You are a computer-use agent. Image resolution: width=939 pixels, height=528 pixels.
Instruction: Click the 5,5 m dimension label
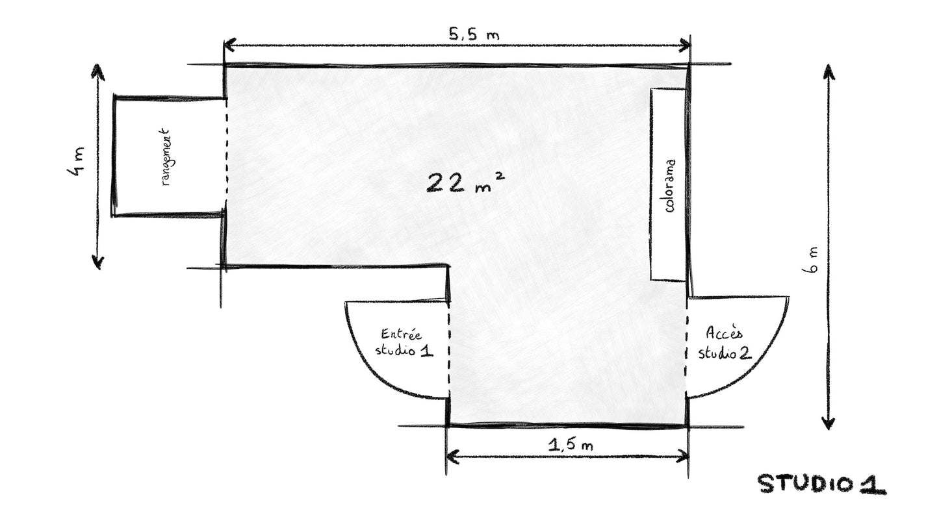point(474,34)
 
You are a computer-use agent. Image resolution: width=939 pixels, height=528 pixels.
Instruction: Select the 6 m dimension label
point(810,260)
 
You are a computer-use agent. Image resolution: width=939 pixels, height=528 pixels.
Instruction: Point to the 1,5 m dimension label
point(571,444)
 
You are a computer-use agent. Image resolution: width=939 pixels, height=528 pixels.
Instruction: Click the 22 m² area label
point(465,182)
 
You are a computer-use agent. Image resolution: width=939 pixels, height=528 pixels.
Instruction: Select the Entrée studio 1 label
point(404,343)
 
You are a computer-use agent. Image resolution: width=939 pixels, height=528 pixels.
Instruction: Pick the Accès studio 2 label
point(725,343)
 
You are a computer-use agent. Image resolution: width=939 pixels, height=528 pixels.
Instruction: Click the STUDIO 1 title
point(821,484)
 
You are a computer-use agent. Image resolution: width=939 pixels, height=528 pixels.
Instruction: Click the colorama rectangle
point(668,184)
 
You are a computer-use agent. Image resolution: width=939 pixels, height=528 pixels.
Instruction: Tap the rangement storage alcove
point(170,157)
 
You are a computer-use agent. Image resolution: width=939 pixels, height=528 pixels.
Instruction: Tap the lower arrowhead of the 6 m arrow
point(828,422)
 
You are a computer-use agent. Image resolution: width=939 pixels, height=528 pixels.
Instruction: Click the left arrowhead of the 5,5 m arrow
point(229,45)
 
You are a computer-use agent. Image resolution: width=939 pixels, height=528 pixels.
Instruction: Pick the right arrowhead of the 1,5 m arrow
point(683,456)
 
